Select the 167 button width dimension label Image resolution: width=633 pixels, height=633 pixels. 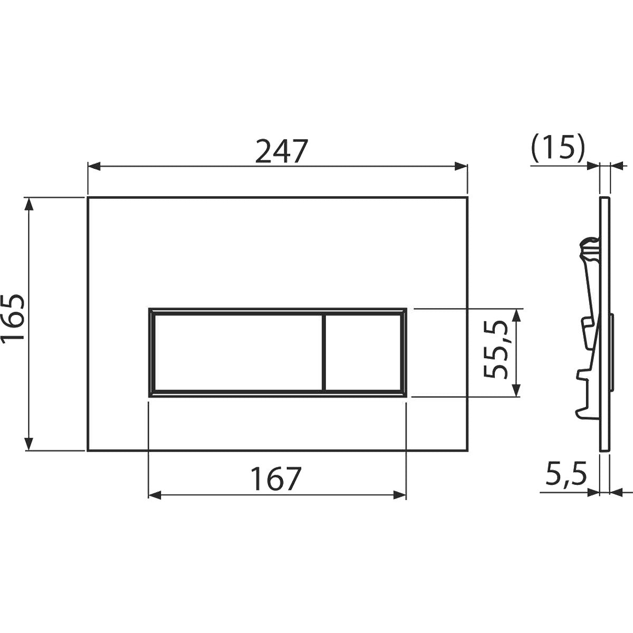277,479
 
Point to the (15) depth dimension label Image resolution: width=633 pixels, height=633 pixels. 558,150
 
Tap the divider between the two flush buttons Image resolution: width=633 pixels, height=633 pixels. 322,352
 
